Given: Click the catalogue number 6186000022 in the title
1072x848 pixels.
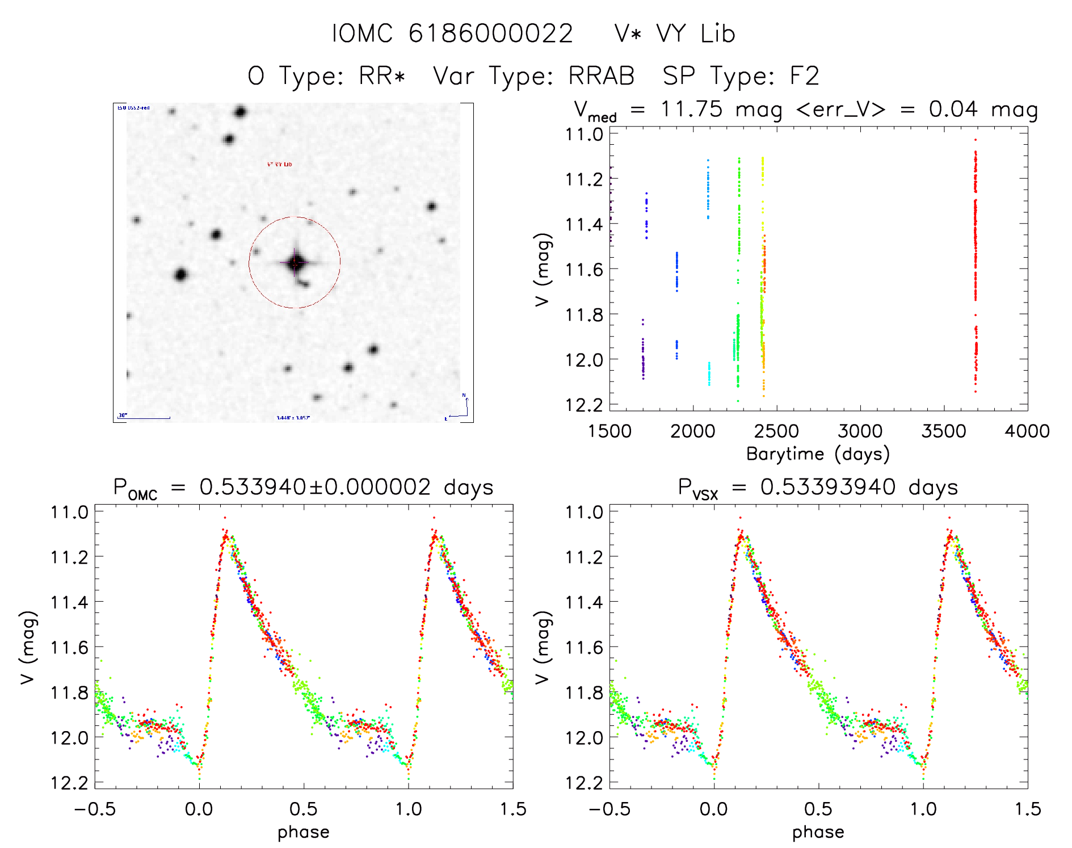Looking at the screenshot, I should point(490,33).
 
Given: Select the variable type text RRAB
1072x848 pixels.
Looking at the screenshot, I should point(602,76).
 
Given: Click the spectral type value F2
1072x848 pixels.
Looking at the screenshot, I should point(805,76).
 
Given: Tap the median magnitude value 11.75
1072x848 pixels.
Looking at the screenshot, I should point(692,109).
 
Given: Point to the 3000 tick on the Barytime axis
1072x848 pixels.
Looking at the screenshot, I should point(860,431).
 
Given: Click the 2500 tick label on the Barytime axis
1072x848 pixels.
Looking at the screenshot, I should point(776,431).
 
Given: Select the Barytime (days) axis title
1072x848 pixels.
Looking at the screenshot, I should point(818,454).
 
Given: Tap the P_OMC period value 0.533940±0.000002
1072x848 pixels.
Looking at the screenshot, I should point(315,487).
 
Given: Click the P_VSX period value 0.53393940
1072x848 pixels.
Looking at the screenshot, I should point(828,487).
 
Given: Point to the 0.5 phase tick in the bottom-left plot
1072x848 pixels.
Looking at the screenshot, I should point(304,809).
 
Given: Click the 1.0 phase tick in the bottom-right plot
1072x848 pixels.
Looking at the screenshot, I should point(923,809).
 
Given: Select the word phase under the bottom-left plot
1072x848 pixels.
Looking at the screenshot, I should point(304,832).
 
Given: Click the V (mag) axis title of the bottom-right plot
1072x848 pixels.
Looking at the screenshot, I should point(543,647).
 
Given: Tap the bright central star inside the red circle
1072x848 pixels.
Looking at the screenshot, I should point(295,263).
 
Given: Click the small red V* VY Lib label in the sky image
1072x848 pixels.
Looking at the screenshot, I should point(280,164).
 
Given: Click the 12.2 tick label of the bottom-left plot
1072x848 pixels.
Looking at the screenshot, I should point(69,783).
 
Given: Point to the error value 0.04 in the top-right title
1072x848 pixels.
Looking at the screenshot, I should point(953,109).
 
